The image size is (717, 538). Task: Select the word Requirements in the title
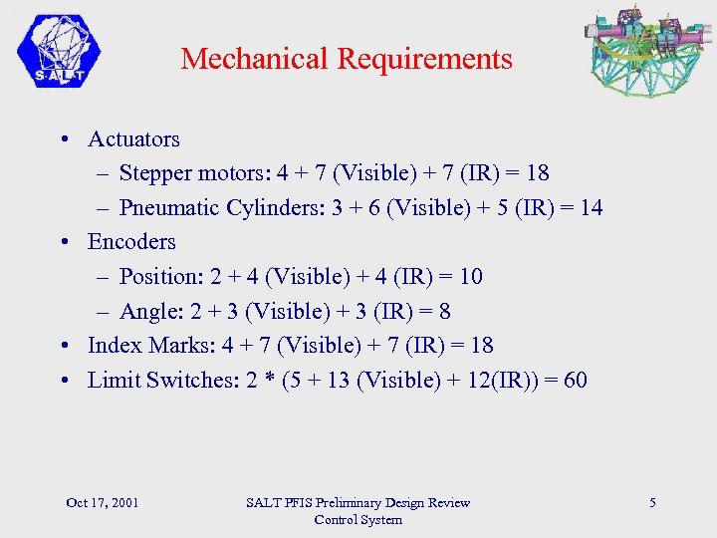(x=424, y=59)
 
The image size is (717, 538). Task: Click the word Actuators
(x=133, y=138)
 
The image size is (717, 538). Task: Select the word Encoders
(x=131, y=241)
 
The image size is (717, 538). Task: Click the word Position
(x=154, y=276)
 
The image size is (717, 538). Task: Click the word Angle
(x=145, y=311)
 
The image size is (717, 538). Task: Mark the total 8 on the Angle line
(x=444, y=311)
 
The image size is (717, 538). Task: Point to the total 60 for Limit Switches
(x=575, y=380)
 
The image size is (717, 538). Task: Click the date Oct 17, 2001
(x=102, y=502)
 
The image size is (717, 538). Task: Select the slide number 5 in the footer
(x=652, y=502)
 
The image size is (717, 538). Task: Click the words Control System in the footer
(x=358, y=519)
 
